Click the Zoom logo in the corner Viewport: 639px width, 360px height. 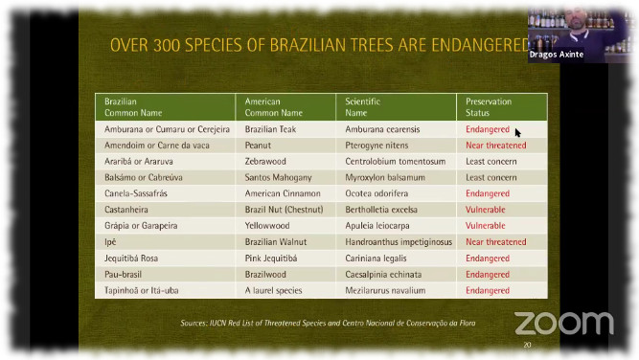pyautogui.click(x=563, y=323)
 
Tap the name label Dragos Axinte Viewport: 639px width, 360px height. pyautogui.click(x=556, y=55)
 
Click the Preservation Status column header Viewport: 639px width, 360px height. pyautogui.click(x=489, y=106)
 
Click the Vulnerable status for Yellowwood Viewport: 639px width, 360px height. pyautogui.click(x=486, y=226)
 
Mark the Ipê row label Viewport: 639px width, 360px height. pyautogui.click(x=110, y=242)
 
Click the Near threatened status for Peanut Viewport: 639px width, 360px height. pyautogui.click(x=496, y=146)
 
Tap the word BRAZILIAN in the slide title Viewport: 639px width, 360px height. pyautogui.click(x=277, y=44)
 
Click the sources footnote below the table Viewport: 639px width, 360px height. pyautogui.click(x=328, y=323)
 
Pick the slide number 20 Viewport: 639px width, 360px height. pyautogui.click(x=526, y=345)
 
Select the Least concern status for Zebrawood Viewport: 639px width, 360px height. pyautogui.click(x=491, y=162)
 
